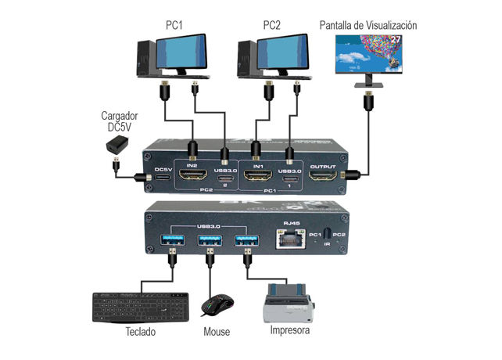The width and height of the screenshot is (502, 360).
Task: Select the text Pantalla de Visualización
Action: (x=368, y=25)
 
